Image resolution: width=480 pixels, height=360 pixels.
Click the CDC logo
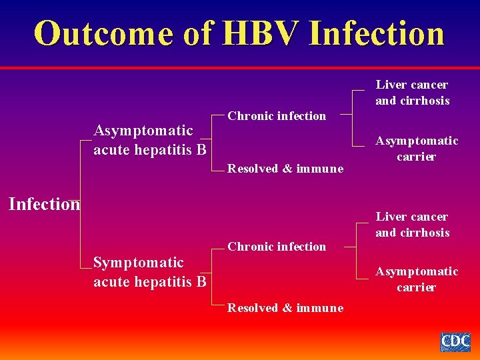(455, 342)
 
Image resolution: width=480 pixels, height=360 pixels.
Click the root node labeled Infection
(44, 204)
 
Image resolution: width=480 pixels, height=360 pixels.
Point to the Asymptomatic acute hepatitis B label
(149, 140)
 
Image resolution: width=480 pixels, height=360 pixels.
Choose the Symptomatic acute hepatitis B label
(149, 272)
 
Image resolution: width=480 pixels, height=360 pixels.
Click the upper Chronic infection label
(277, 116)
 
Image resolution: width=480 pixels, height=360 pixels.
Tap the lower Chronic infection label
(277, 247)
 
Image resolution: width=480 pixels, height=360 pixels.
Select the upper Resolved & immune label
(285, 169)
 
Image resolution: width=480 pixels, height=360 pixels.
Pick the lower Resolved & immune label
(285, 308)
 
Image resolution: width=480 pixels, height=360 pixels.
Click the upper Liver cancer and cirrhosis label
(412, 93)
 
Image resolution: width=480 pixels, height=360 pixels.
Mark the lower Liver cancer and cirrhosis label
(412, 225)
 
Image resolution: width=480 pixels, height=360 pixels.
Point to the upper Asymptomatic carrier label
(417, 149)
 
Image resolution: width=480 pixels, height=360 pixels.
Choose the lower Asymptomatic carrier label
(417, 279)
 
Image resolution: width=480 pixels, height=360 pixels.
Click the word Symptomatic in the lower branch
(138, 263)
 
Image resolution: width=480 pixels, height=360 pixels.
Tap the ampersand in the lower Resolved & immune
(287, 308)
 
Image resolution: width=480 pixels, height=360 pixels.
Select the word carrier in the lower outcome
(417, 287)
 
